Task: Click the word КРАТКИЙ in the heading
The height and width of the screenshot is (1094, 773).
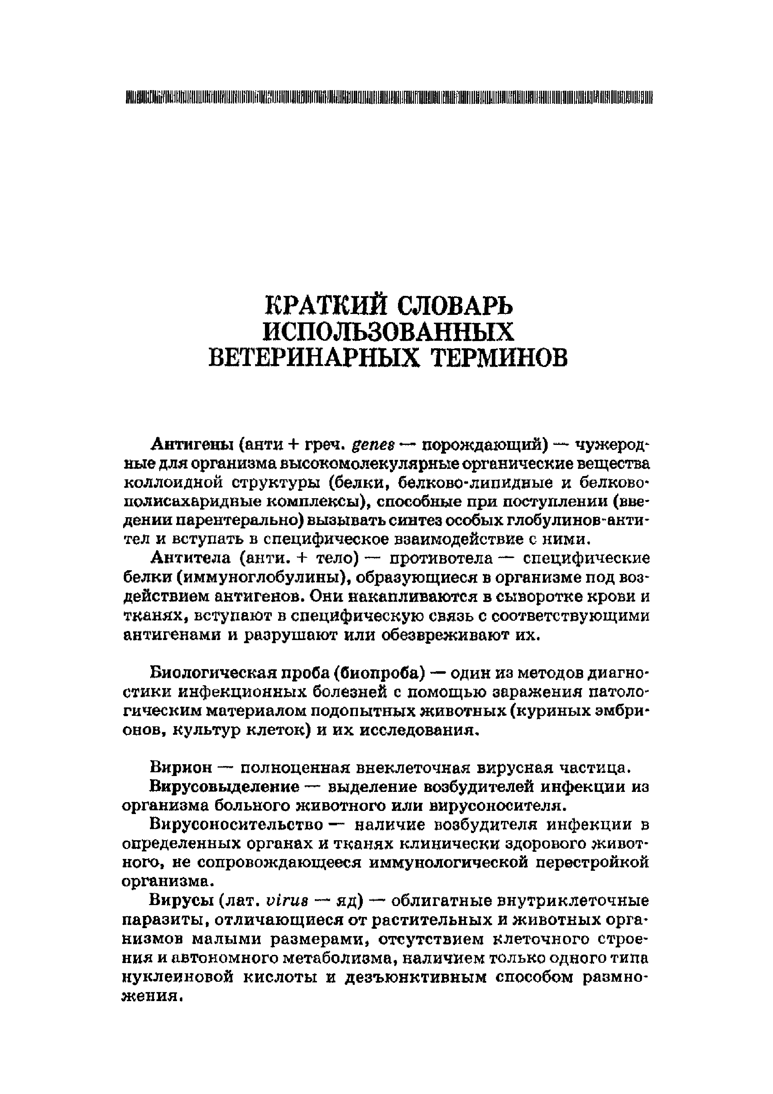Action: coord(325,306)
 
